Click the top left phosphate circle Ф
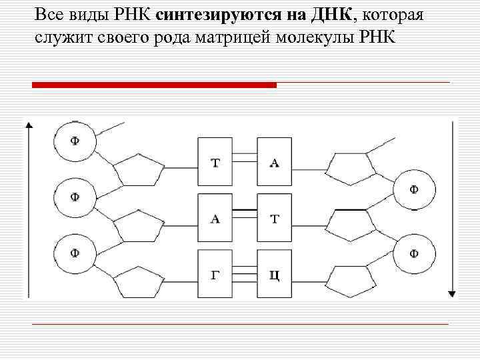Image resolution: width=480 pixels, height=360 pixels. [x=75, y=141]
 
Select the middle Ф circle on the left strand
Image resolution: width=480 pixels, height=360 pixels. [x=75, y=197]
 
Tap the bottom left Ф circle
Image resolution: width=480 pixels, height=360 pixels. [x=75, y=253]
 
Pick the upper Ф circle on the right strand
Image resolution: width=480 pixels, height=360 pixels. [x=414, y=189]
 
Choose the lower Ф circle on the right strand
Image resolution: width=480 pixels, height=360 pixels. [x=414, y=253]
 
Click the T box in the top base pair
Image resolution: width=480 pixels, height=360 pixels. [x=215, y=162]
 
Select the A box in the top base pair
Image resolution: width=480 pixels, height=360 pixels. [x=274, y=162]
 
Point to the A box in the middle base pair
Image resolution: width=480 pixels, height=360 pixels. [x=215, y=218]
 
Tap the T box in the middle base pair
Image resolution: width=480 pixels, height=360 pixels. [x=274, y=218]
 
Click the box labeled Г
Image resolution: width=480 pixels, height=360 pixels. [x=215, y=274]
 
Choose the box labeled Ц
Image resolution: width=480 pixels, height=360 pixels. [x=274, y=274]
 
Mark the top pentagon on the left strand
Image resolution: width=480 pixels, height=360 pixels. [x=138, y=173]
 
